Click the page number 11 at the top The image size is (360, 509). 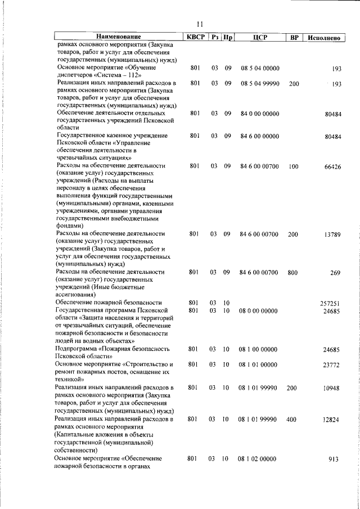click(x=200, y=24)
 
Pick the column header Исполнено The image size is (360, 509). click(x=323, y=38)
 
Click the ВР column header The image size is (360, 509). click(x=294, y=38)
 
